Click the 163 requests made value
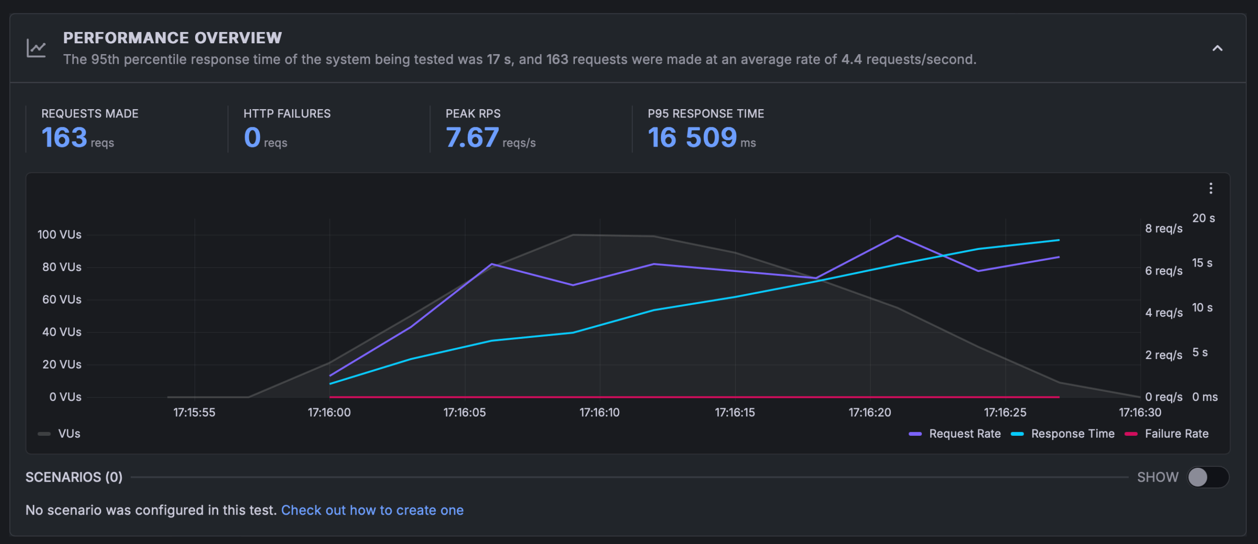[x=64, y=137]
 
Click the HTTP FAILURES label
[x=287, y=114]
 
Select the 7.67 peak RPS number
[x=472, y=137]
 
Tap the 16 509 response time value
[x=692, y=137]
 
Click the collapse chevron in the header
[x=1217, y=48]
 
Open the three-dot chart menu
[x=1211, y=188]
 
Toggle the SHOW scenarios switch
[x=1207, y=477]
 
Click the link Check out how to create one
[x=372, y=510]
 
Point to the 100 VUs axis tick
[x=59, y=235]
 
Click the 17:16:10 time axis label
[x=600, y=412]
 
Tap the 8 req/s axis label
[x=1164, y=228]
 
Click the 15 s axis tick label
[x=1202, y=263]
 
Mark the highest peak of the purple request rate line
[x=897, y=236]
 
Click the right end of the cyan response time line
[x=1058, y=240]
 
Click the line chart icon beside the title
[x=36, y=48]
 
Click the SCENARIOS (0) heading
[x=74, y=477]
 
